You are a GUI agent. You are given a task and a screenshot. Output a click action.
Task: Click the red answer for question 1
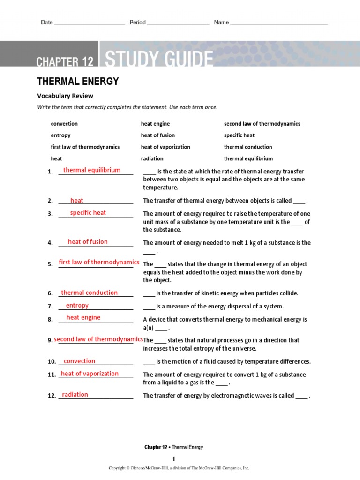92,170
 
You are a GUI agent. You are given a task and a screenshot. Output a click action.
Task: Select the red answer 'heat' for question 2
77,201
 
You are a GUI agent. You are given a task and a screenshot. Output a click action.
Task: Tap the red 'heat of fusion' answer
88,242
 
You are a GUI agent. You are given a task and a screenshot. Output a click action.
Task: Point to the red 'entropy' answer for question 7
77,306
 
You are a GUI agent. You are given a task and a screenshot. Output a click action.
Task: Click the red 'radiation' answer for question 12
75,395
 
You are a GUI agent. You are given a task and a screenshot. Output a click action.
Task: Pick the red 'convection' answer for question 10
79,361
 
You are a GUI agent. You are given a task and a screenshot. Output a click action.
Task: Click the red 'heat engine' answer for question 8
83,318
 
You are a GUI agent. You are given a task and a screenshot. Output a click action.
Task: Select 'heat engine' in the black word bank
155,124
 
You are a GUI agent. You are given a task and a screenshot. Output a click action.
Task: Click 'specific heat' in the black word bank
239,135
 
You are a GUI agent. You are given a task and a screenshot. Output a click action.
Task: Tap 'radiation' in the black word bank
152,159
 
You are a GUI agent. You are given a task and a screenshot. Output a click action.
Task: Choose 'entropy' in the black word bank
60,135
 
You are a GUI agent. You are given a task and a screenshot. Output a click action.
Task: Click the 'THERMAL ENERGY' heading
78,82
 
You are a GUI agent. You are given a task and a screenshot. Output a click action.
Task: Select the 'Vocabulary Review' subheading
65,96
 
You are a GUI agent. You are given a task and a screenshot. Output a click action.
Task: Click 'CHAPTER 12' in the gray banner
65,61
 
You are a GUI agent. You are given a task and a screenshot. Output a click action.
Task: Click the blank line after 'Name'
279,23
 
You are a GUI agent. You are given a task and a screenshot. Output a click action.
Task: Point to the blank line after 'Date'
90,23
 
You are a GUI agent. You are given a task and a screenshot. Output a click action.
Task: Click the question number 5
50,264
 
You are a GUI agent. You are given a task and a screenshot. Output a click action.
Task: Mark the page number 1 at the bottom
173,459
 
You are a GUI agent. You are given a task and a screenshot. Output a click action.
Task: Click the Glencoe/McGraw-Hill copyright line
179,468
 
